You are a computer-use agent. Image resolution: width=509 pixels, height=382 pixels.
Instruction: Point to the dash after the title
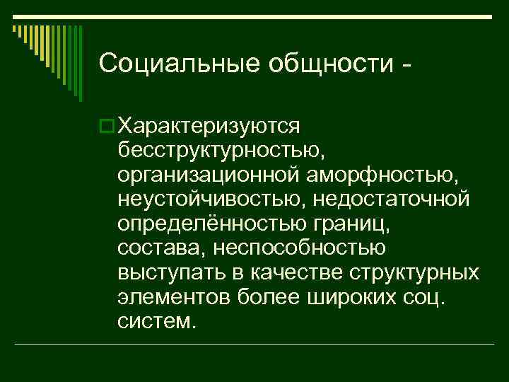[404, 65]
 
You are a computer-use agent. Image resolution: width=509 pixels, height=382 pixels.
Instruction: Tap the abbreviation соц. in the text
[421, 296]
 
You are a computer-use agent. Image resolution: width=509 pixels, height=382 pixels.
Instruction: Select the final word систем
[156, 321]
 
